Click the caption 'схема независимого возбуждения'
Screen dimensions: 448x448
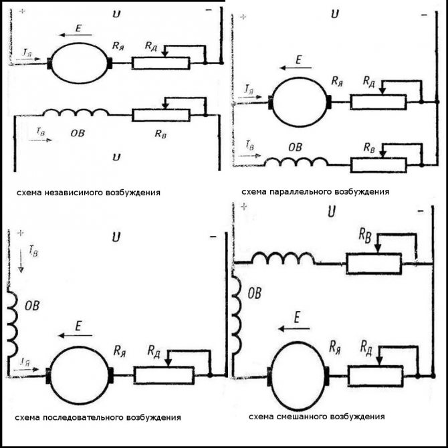pos(88,193)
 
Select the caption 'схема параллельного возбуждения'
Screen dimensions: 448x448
pos(316,191)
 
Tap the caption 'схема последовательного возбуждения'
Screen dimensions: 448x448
pos(98,417)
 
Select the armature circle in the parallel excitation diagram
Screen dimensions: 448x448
pos(300,102)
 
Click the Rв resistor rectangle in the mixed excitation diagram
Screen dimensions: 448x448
pos(373,263)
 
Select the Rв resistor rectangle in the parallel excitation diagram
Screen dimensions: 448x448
pos(379,164)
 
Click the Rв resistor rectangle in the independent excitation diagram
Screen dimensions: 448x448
pos(160,114)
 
